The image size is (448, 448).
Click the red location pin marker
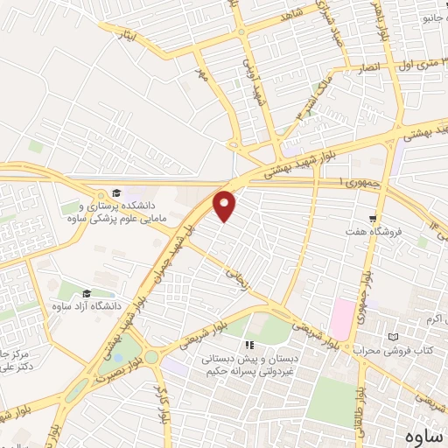coord(226,206)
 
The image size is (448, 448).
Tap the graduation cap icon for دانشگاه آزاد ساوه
coord(87,293)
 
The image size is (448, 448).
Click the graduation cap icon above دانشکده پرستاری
coord(116,192)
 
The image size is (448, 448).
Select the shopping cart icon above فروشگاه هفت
coord(374,219)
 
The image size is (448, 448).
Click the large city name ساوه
coord(421,435)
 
